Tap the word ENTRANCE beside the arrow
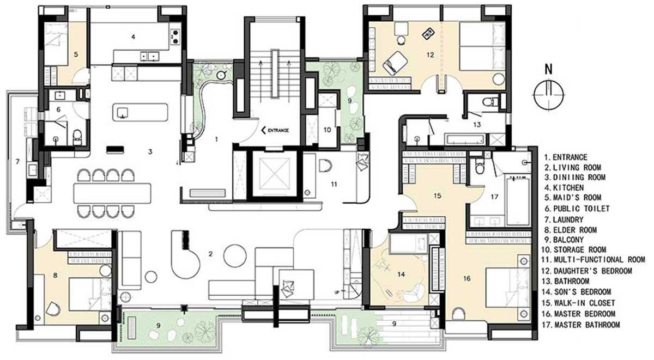click(278, 130)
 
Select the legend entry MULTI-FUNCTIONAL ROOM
click(594, 260)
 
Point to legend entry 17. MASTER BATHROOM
click(581, 325)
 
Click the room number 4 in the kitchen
click(133, 37)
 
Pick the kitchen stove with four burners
click(175, 36)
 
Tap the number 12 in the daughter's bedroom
click(431, 54)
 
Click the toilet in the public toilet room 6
click(77, 137)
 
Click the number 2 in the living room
click(210, 254)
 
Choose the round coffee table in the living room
click(235, 256)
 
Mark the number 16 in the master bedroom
click(467, 279)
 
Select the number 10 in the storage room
click(328, 130)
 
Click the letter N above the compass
click(549, 70)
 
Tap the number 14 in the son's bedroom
click(401, 274)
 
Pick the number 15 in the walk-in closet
click(437, 196)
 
